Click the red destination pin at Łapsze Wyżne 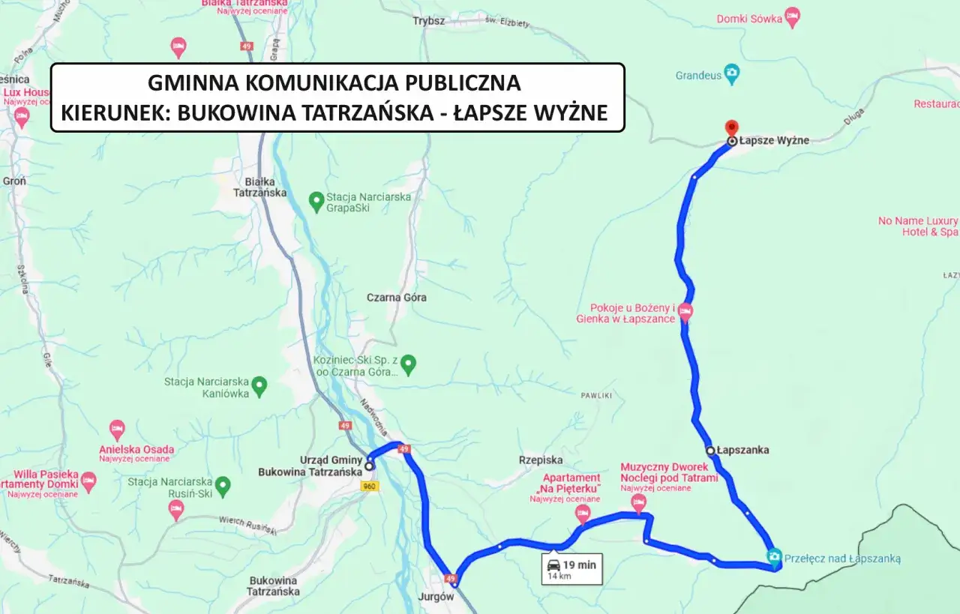[x=732, y=127]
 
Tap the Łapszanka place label [x=742, y=451]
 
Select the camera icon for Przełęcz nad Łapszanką [x=774, y=556]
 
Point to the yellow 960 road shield [x=369, y=487]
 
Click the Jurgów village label [x=439, y=598]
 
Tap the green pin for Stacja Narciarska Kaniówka [x=259, y=386]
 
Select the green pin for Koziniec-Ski [x=408, y=365]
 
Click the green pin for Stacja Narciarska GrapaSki [x=316, y=201]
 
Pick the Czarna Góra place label [x=396, y=298]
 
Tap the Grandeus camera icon [x=732, y=74]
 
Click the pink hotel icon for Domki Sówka [x=792, y=16]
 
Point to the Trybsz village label [x=428, y=21]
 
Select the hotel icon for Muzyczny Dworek [x=639, y=502]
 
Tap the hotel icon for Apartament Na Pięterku [x=583, y=514]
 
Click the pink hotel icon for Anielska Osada [x=117, y=430]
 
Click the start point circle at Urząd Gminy [x=369, y=466]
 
